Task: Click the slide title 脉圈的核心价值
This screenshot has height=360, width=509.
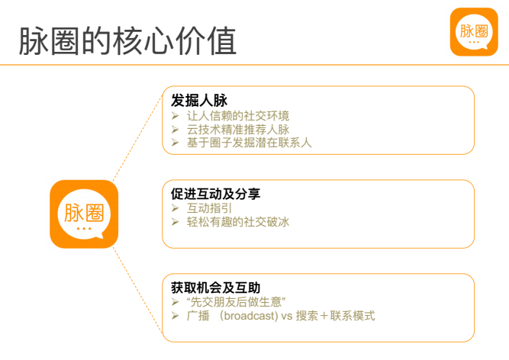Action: pyautogui.click(x=127, y=41)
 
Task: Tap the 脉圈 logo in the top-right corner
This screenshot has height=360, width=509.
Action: pyautogui.click(x=474, y=32)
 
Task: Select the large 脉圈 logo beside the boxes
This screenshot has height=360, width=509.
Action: pyautogui.click(x=84, y=214)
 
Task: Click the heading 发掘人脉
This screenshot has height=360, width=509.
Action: pyautogui.click(x=199, y=100)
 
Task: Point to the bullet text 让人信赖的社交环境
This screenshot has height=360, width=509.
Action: pyautogui.click(x=237, y=116)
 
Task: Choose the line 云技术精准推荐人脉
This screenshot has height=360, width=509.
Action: pyautogui.click(x=237, y=130)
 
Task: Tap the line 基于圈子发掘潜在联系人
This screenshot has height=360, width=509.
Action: pyautogui.click(x=249, y=143)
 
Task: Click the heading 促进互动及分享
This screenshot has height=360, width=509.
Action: pyautogui.click(x=215, y=194)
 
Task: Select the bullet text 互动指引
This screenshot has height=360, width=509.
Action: pyautogui.click(x=209, y=208)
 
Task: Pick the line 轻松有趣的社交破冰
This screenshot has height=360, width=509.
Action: pyautogui.click(x=237, y=222)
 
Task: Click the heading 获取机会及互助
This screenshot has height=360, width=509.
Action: pyautogui.click(x=215, y=288)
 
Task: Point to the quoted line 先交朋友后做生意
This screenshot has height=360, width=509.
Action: pyautogui.click(x=236, y=301)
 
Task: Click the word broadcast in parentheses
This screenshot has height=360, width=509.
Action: pyautogui.click(x=249, y=316)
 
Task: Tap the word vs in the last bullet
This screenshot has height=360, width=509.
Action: pyautogui.click(x=287, y=316)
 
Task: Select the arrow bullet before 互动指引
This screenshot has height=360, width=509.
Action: pyautogui.click(x=176, y=208)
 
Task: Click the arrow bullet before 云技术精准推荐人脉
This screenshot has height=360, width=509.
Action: pyautogui.click(x=176, y=130)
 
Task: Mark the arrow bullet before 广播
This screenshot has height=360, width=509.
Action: pyautogui.click(x=176, y=316)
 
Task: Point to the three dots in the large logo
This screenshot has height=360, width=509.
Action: pyautogui.click(x=84, y=229)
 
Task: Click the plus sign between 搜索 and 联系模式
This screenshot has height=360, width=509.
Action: pyautogui.click(x=324, y=316)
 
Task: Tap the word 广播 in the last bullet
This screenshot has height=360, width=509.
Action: pyautogui.click(x=198, y=316)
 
